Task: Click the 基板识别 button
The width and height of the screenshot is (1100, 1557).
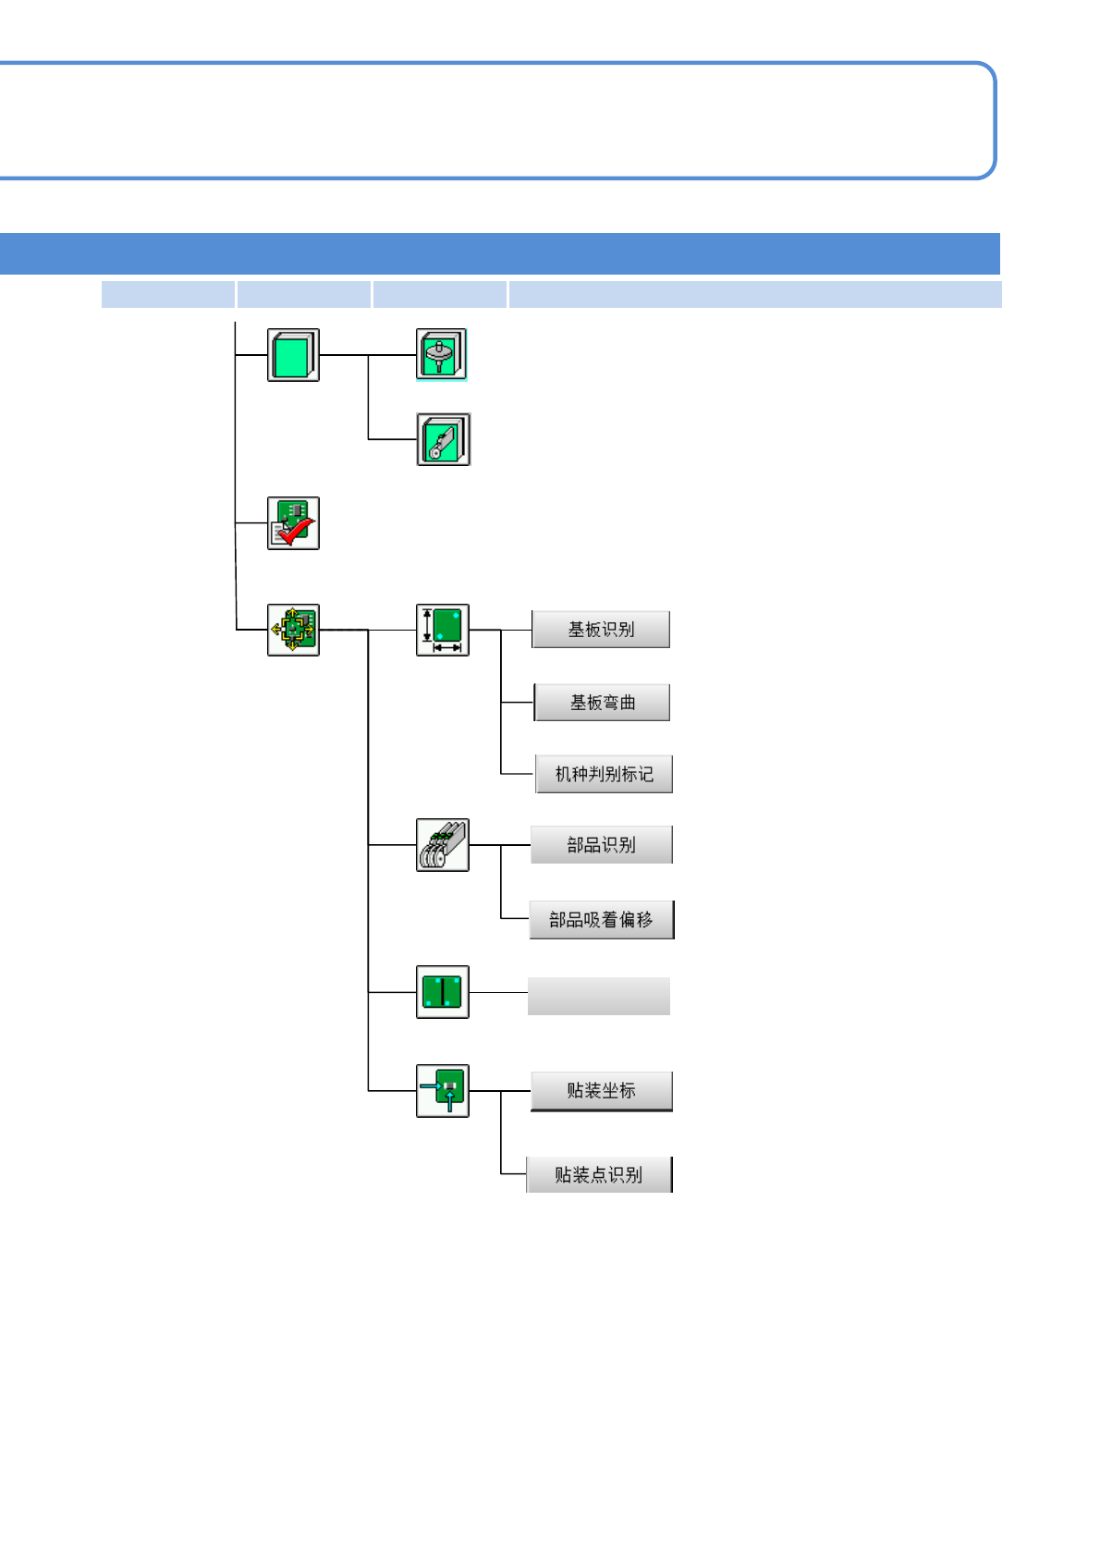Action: click(x=601, y=630)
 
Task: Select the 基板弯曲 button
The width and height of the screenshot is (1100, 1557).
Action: click(x=602, y=703)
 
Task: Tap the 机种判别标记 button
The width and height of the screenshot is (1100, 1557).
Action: click(x=604, y=774)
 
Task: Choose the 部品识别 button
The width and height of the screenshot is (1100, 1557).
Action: click(x=601, y=844)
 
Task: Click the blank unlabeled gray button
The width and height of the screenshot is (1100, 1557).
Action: click(x=599, y=996)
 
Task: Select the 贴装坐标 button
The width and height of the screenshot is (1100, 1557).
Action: click(x=601, y=1091)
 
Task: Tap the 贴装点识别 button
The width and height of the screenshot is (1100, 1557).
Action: click(x=599, y=1174)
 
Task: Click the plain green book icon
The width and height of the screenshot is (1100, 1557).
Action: click(x=293, y=355)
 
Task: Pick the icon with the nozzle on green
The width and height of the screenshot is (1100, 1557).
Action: click(x=442, y=354)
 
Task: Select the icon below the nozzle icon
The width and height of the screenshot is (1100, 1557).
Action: click(x=443, y=439)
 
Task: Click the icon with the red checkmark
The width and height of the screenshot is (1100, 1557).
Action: click(x=293, y=523)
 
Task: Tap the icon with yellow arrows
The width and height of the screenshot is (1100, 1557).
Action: click(x=293, y=630)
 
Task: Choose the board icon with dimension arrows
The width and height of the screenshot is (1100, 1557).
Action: click(x=443, y=630)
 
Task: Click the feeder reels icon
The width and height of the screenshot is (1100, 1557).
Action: click(x=443, y=844)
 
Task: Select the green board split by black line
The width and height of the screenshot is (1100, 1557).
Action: click(x=443, y=992)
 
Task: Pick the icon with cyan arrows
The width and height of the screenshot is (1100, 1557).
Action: click(x=443, y=1091)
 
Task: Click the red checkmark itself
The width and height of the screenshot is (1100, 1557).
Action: click(x=297, y=532)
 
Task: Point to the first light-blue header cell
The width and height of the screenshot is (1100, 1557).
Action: click(x=167, y=294)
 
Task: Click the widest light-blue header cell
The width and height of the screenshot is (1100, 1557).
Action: click(x=754, y=294)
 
